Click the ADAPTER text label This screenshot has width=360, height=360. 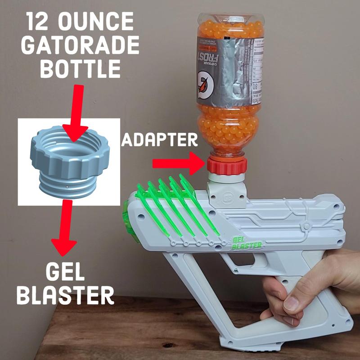coord(160,140)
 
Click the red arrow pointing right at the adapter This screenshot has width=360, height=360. coord(178,163)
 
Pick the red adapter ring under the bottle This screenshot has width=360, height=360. coord(227,166)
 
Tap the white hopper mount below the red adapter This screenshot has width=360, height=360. coord(227,193)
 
